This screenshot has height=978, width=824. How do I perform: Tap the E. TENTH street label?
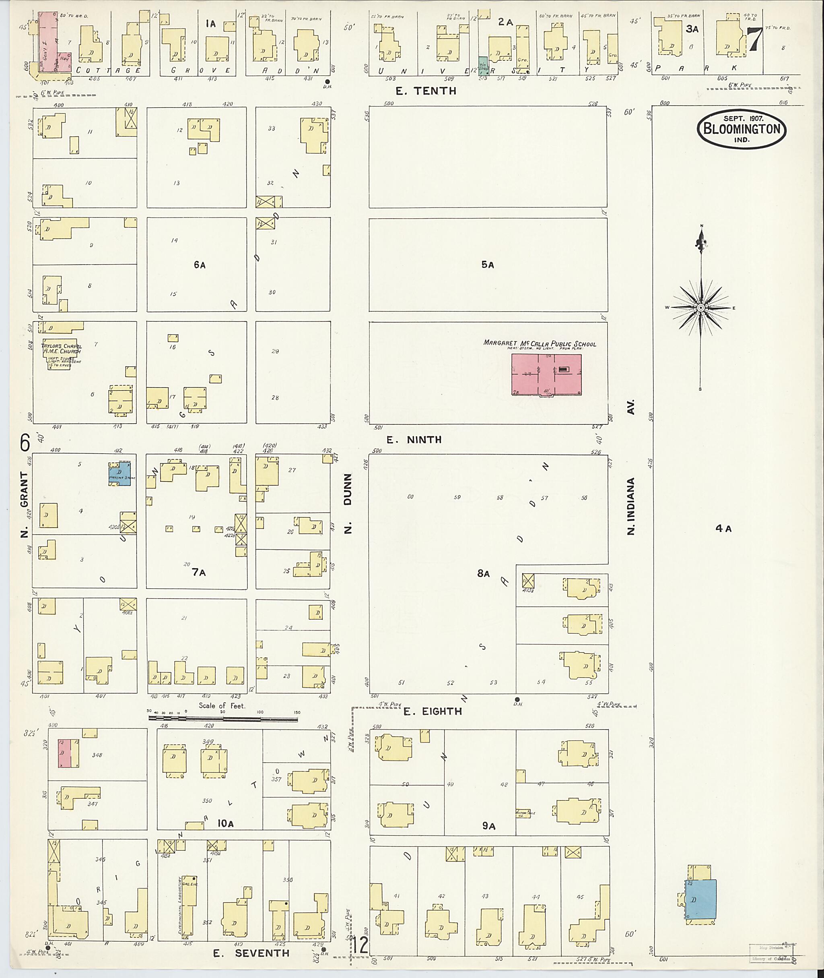point(426,91)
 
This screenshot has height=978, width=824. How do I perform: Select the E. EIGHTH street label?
point(433,711)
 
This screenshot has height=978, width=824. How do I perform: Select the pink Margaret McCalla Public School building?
point(546,374)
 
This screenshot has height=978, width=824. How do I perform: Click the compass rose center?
point(700,308)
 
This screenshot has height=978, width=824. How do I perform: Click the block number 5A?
point(487,265)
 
